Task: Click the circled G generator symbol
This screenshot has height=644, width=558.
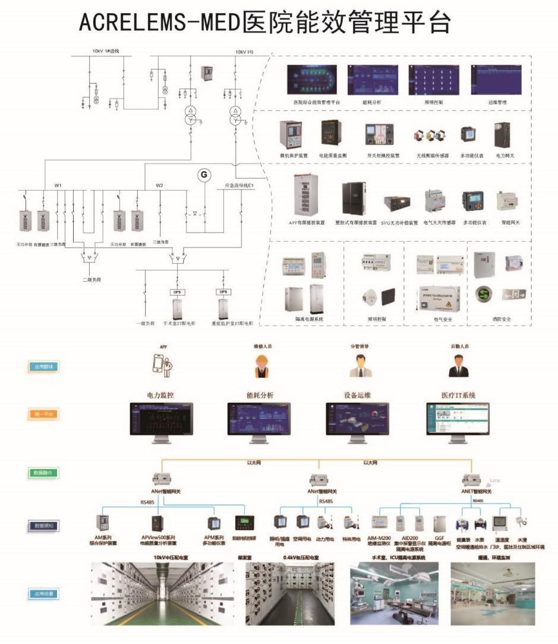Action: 204,175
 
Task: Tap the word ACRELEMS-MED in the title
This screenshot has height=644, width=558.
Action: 159,23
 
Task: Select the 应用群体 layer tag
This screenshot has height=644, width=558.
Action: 43,367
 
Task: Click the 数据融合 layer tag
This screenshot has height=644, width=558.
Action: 43,473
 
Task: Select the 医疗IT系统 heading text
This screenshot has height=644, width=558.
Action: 458,395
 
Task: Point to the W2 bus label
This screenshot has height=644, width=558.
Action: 159,186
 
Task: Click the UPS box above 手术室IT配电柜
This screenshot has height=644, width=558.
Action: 177,292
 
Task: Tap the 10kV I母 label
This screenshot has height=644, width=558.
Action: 245,52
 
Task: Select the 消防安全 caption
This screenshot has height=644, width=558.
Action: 501,319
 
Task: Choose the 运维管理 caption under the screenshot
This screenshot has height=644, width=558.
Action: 497,102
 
